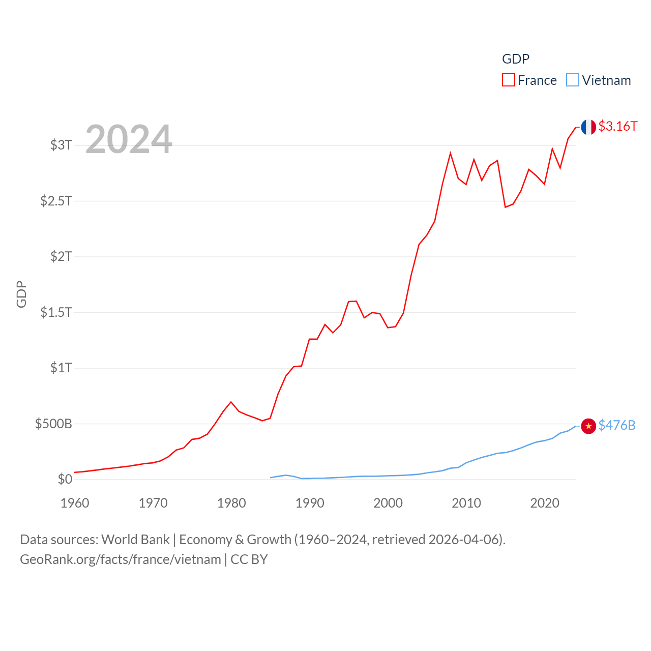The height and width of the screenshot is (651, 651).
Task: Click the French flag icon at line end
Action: tap(588, 127)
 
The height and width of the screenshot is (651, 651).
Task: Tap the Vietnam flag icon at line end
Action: tap(588, 426)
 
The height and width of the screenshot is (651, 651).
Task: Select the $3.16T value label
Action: tap(617, 126)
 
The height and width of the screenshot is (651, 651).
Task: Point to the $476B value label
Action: tap(616, 425)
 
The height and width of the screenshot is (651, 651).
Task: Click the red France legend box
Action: tap(509, 80)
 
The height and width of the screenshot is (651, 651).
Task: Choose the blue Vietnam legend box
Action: tap(573, 80)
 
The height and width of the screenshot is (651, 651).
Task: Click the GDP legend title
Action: tap(516, 59)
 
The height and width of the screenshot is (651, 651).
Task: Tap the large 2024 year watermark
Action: tap(129, 139)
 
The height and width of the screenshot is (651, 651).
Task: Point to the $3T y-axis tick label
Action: tap(61, 145)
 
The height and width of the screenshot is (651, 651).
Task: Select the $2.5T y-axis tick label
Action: tap(56, 201)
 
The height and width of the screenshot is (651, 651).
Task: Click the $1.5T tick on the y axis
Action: tap(56, 312)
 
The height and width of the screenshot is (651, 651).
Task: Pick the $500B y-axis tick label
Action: tap(53, 424)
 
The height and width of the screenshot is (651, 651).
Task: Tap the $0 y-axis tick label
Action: tap(65, 479)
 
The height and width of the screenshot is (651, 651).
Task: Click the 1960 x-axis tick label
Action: tap(75, 503)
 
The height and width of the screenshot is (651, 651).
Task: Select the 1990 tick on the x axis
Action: tap(310, 503)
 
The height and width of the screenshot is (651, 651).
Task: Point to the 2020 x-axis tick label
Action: tap(545, 503)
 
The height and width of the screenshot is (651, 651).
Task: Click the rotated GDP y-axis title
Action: tap(21, 294)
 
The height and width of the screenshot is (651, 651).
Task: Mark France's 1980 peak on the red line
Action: tap(231, 402)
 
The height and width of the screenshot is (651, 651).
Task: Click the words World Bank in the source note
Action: tap(135, 540)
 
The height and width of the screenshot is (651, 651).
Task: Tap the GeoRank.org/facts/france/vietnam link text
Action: tap(121, 559)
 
